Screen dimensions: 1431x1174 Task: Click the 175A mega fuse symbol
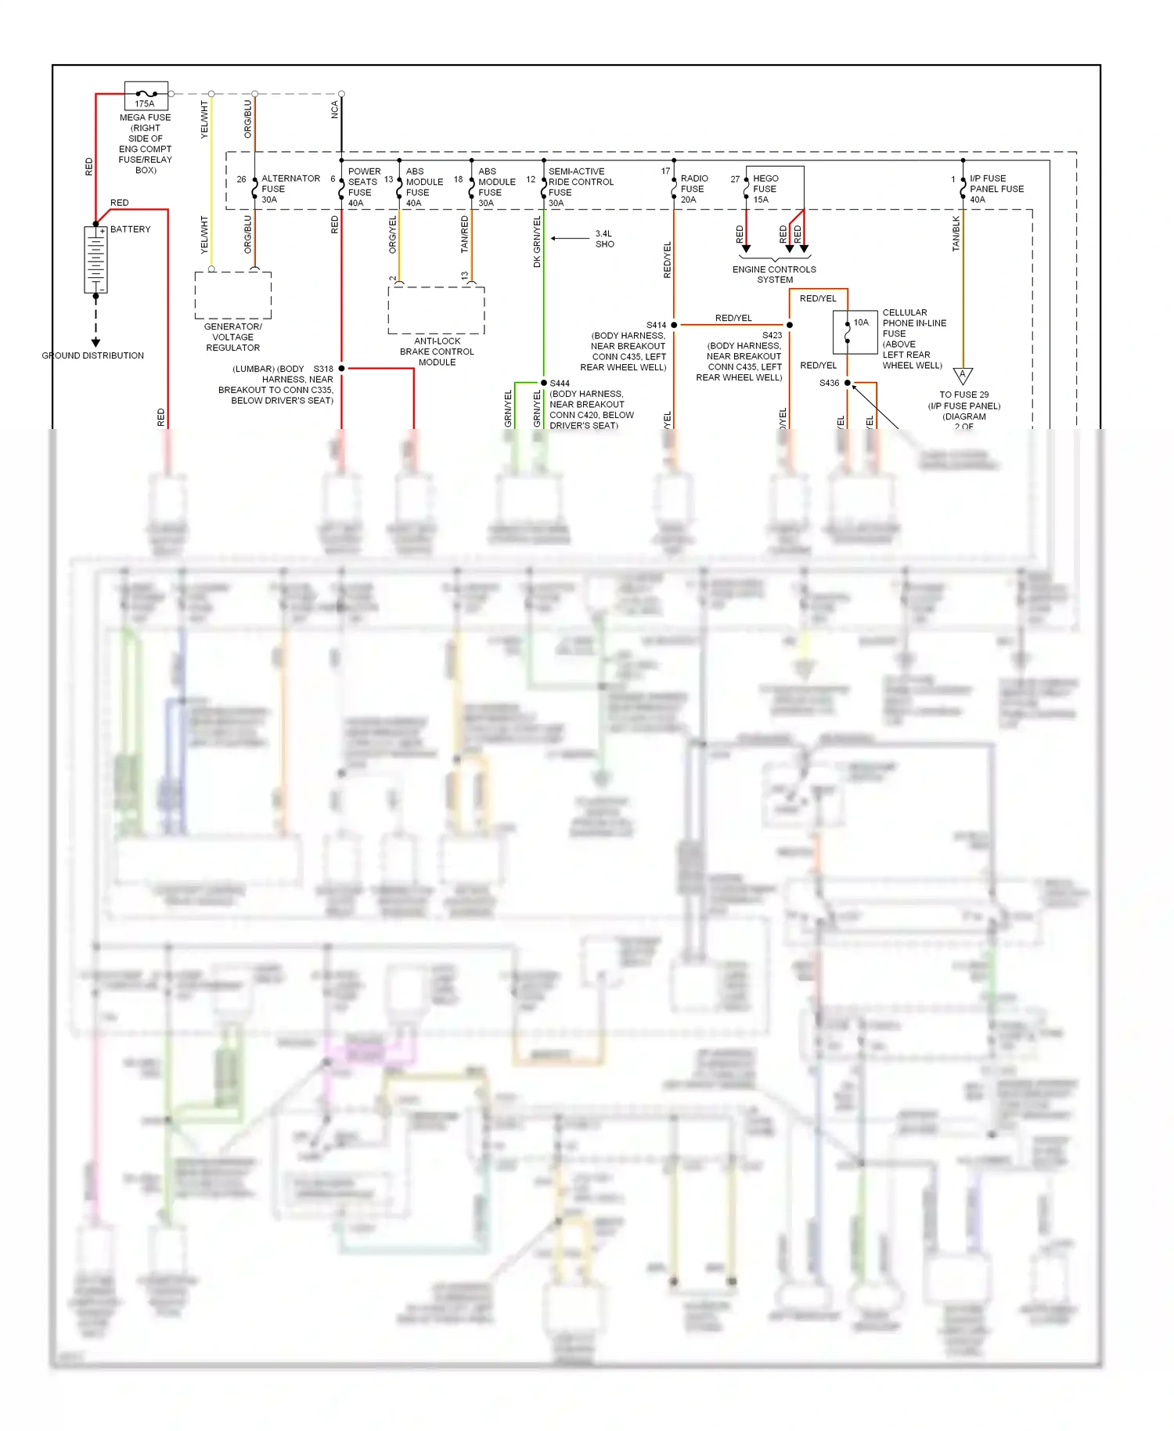coord(146,95)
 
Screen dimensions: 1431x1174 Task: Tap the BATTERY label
coord(130,229)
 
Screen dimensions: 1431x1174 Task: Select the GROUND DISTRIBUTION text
coord(92,355)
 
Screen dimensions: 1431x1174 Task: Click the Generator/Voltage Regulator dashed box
coord(232,295)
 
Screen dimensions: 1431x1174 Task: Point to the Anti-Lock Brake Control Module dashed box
coord(436,310)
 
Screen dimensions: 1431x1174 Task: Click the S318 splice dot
coord(341,368)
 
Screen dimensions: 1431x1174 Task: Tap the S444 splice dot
coord(544,383)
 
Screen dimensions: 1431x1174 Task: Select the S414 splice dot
coord(674,325)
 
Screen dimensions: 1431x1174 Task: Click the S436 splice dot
coord(848,383)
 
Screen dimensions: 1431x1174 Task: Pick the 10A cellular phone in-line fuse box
coord(855,332)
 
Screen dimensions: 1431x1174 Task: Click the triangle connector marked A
coord(963,376)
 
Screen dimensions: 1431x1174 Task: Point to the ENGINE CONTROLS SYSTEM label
coord(774,275)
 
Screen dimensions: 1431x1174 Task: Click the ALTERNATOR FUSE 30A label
coord(290,189)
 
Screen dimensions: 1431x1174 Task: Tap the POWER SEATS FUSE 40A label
coord(364,187)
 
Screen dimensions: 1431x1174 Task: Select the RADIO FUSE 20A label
coord(694,189)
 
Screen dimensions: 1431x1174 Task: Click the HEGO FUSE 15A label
coord(765,189)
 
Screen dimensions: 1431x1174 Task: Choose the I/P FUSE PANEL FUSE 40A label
coord(996,189)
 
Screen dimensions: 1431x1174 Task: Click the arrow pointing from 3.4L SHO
coord(570,238)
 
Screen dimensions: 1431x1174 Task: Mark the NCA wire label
coord(335,110)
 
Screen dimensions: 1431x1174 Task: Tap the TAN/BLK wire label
coord(956,234)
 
